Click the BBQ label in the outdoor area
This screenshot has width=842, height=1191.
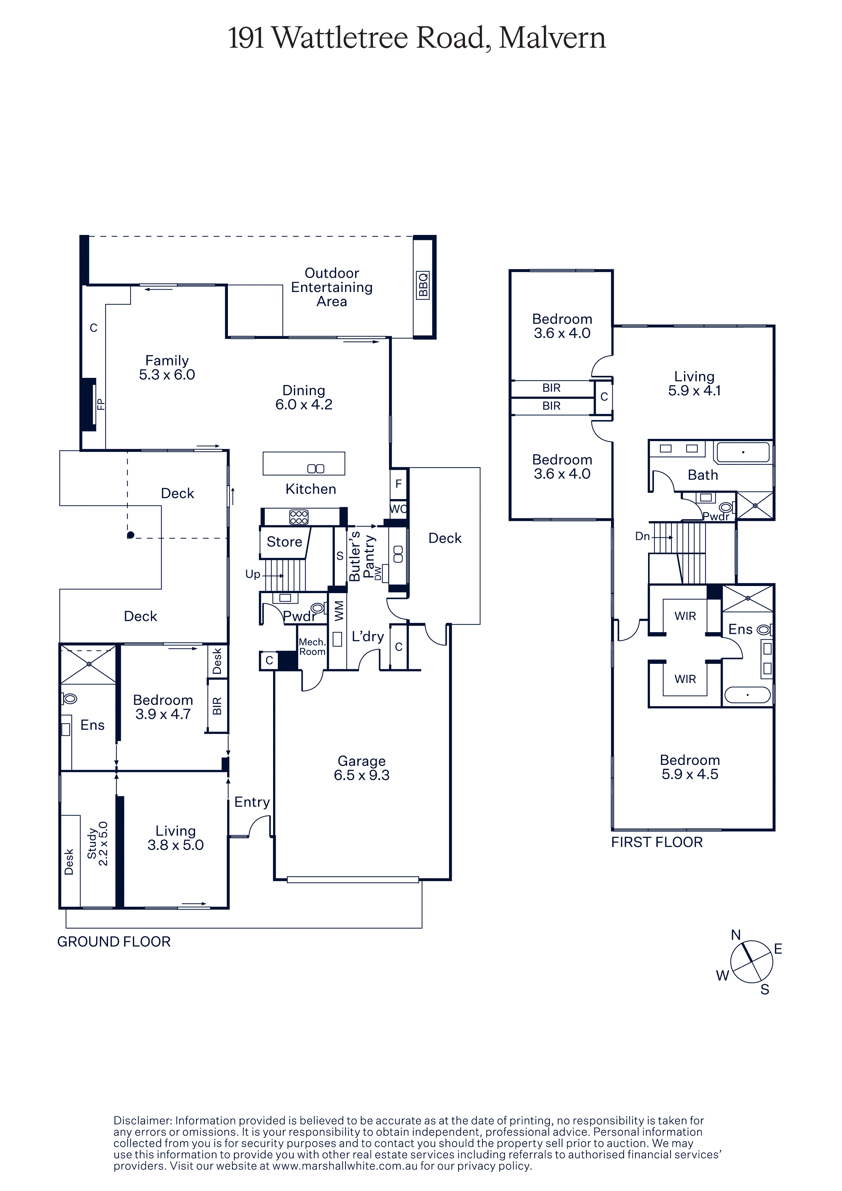[423, 285]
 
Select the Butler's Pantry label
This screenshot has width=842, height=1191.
[362, 556]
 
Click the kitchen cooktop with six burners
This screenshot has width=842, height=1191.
[299, 517]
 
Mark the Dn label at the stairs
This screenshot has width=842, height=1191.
[642, 536]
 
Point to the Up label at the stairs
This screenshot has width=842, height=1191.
[253, 574]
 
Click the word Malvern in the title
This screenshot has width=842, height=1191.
[553, 38]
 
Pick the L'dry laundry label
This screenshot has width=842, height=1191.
[368, 637]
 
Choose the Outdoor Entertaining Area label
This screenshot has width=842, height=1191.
[332, 287]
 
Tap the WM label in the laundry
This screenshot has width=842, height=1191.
[339, 610]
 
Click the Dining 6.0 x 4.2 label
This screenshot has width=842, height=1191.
[304, 397]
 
